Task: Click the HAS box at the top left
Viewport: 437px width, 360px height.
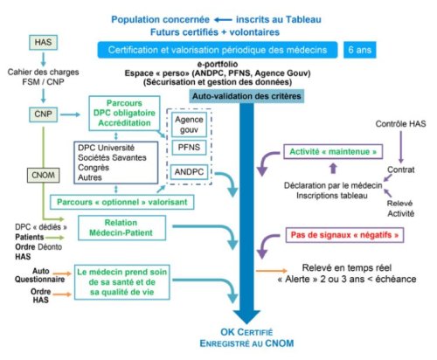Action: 43,42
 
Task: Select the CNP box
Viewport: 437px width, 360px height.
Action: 43,114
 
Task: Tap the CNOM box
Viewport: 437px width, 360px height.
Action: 43,175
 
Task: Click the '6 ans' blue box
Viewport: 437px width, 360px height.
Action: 360,50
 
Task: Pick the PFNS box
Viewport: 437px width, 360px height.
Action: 189,148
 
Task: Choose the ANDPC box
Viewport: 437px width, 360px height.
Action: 189,172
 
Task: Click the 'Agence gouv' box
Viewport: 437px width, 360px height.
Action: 189,125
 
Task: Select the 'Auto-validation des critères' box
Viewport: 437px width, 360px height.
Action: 246,96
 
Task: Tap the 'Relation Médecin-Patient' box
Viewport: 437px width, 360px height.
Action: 121,228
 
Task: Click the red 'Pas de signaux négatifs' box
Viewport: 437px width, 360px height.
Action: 344,235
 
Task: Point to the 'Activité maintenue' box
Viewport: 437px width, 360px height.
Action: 333,151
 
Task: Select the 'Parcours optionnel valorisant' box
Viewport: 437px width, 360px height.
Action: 121,202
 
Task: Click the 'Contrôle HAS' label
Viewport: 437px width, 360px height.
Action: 400,124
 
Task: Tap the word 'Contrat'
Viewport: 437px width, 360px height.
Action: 401,170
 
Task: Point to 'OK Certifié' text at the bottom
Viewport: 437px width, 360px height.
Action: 246,332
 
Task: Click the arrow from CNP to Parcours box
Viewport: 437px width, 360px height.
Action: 70,114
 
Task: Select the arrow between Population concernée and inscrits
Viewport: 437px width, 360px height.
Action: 223,20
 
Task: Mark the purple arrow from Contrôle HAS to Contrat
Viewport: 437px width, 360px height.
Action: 401,147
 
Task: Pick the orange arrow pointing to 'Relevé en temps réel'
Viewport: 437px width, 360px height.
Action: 271,271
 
